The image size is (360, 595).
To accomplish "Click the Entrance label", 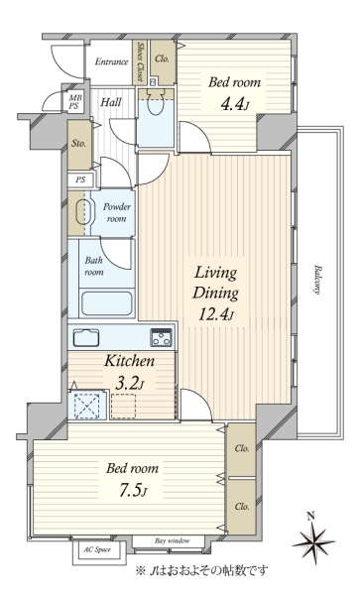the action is tap(111, 61).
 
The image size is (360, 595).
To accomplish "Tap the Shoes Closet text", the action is tap(140, 61).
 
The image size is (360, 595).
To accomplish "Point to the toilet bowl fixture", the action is tap(155, 103).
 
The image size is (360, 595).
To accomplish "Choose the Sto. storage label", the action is tap(78, 144).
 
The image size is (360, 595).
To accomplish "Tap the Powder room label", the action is tap(116, 213).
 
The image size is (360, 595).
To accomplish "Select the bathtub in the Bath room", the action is tap(107, 303).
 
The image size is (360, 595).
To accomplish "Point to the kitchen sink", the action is tap(86, 337).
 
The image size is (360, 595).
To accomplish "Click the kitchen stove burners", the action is tap(162, 337).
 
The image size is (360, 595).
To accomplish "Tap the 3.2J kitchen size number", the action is tap(129, 384).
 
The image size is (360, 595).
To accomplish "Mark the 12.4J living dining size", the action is tap(216, 314).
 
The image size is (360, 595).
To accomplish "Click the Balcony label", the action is tap(317, 280).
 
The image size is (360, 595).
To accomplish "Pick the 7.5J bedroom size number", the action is tap(132, 491).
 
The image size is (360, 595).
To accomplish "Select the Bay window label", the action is tap(173, 540).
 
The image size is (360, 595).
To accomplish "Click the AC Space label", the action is tap(97, 549).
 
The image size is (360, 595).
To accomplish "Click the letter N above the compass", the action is tap(311, 516).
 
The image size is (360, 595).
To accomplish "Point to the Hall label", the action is tap(111, 102).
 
